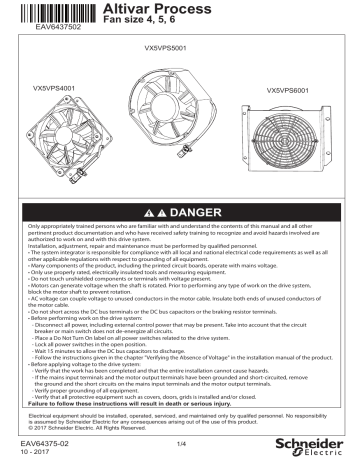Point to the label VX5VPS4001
(x=47, y=90)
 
